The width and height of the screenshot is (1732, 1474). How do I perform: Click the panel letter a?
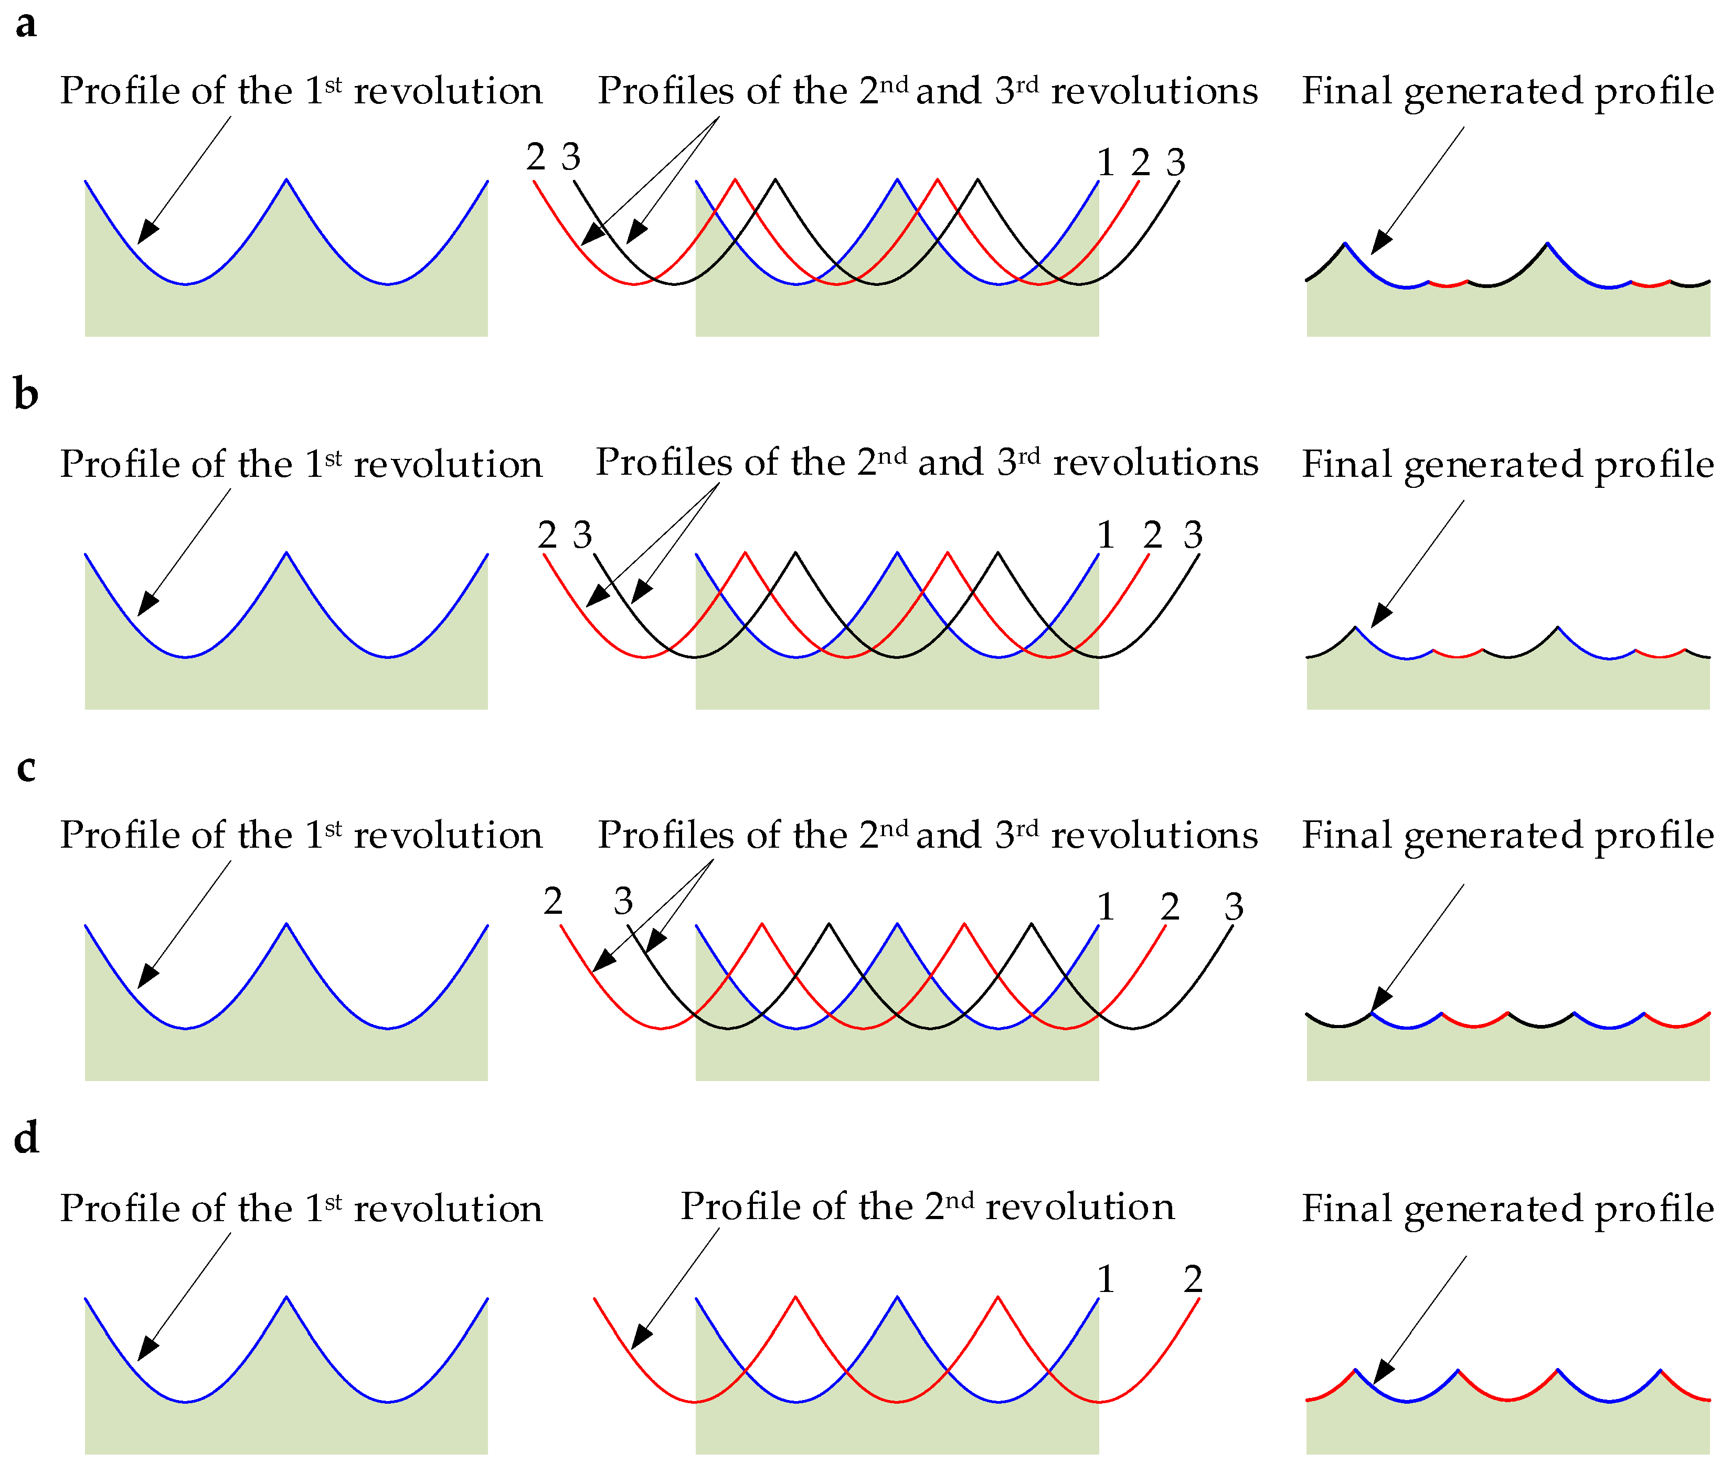pyautogui.click(x=26, y=25)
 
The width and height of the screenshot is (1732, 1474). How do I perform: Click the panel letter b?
pyautogui.click(x=26, y=394)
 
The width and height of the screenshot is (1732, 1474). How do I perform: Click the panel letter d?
pyautogui.click(x=26, y=1138)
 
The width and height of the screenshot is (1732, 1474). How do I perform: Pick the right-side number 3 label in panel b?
pyautogui.click(x=1193, y=535)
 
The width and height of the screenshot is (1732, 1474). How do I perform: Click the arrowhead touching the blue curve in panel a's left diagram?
pyautogui.click(x=146, y=231)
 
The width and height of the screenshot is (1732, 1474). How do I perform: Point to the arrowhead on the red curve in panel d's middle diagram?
pyautogui.click(x=640, y=1337)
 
